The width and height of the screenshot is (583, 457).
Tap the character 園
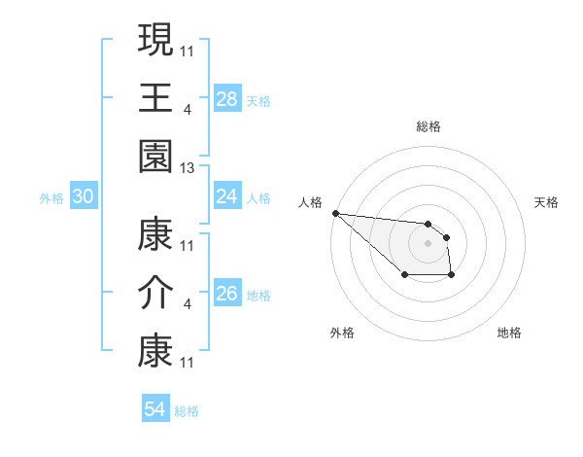155,156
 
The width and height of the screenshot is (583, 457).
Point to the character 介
155,294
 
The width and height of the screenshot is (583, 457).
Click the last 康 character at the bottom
155,352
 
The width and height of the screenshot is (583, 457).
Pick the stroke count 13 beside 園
188,168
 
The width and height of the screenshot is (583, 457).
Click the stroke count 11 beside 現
188,51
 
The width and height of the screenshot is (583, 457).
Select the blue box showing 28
227,98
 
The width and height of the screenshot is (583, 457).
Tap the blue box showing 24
227,197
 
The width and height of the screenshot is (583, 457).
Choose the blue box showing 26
227,295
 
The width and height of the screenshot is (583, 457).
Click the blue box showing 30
84,197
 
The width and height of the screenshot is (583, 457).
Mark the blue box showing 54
155,409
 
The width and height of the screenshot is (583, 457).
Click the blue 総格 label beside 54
188,411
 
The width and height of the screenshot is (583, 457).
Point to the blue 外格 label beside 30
51,198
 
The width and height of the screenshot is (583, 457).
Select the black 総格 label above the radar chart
429,126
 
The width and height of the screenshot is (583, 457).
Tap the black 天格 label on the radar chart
547,202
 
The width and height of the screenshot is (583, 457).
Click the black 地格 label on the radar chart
509,333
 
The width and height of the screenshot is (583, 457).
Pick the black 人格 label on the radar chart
310,202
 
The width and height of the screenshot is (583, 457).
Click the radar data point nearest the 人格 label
335,213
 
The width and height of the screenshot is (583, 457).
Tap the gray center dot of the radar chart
428,243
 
